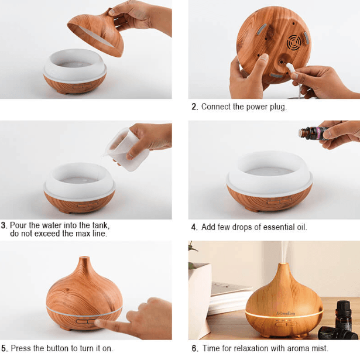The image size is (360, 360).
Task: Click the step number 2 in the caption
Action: pyautogui.click(x=194, y=107)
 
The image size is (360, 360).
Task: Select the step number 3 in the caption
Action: pyautogui.click(x=4, y=225)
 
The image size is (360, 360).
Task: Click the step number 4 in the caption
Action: pyautogui.click(x=194, y=227)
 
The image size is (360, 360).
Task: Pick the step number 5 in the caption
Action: pyautogui.click(x=4, y=348)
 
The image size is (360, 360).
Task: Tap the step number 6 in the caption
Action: pyautogui.click(x=194, y=348)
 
